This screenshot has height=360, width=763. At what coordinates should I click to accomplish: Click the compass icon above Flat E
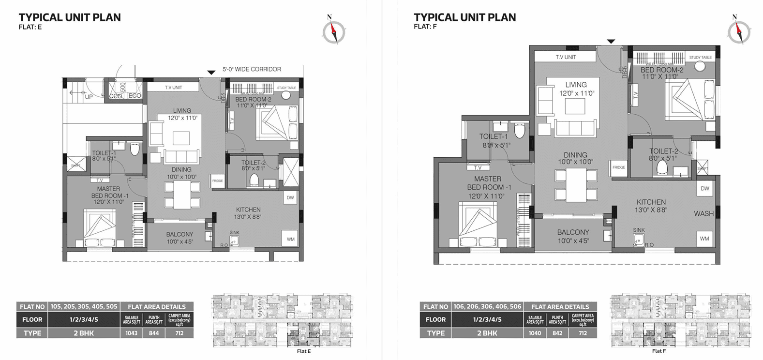[x=333, y=30]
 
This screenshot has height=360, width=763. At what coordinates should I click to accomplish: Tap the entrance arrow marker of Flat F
[x=611, y=42]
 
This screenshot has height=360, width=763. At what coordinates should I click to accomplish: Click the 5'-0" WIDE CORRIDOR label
[x=252, y=69]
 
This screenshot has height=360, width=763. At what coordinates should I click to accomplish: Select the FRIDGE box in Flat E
[x=217, y=181]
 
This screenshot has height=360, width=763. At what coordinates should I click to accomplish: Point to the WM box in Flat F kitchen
[x=704, y=239]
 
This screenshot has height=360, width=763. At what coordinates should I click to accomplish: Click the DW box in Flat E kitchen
[x=290, y=197]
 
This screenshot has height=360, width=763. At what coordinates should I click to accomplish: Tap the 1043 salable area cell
[x=131, y=333]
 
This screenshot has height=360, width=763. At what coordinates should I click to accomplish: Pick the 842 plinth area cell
[x=557, y=333]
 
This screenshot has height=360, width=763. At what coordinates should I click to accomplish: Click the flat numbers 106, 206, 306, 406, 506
[x=487, y=307]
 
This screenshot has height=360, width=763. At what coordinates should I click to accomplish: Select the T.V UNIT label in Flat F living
[x=566, y=57]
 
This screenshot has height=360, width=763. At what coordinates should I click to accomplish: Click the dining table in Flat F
[x=576, y=184]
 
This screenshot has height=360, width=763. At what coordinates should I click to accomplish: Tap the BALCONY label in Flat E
[x=180, y=234]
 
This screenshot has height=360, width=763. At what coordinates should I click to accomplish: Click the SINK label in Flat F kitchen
[x=639, y=230]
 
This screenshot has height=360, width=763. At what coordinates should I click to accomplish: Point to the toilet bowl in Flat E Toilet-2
[x=254, y=180]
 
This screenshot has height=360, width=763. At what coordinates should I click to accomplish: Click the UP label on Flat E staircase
[x=89, y=97]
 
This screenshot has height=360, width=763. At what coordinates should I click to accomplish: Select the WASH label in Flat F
[x=703, y=213]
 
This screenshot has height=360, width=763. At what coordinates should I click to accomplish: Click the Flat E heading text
[x=30, y=27]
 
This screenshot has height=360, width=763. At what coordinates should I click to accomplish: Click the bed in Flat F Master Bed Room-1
[x=478, y=225]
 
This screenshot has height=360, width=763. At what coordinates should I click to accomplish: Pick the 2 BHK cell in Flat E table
[x=84, y=333]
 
